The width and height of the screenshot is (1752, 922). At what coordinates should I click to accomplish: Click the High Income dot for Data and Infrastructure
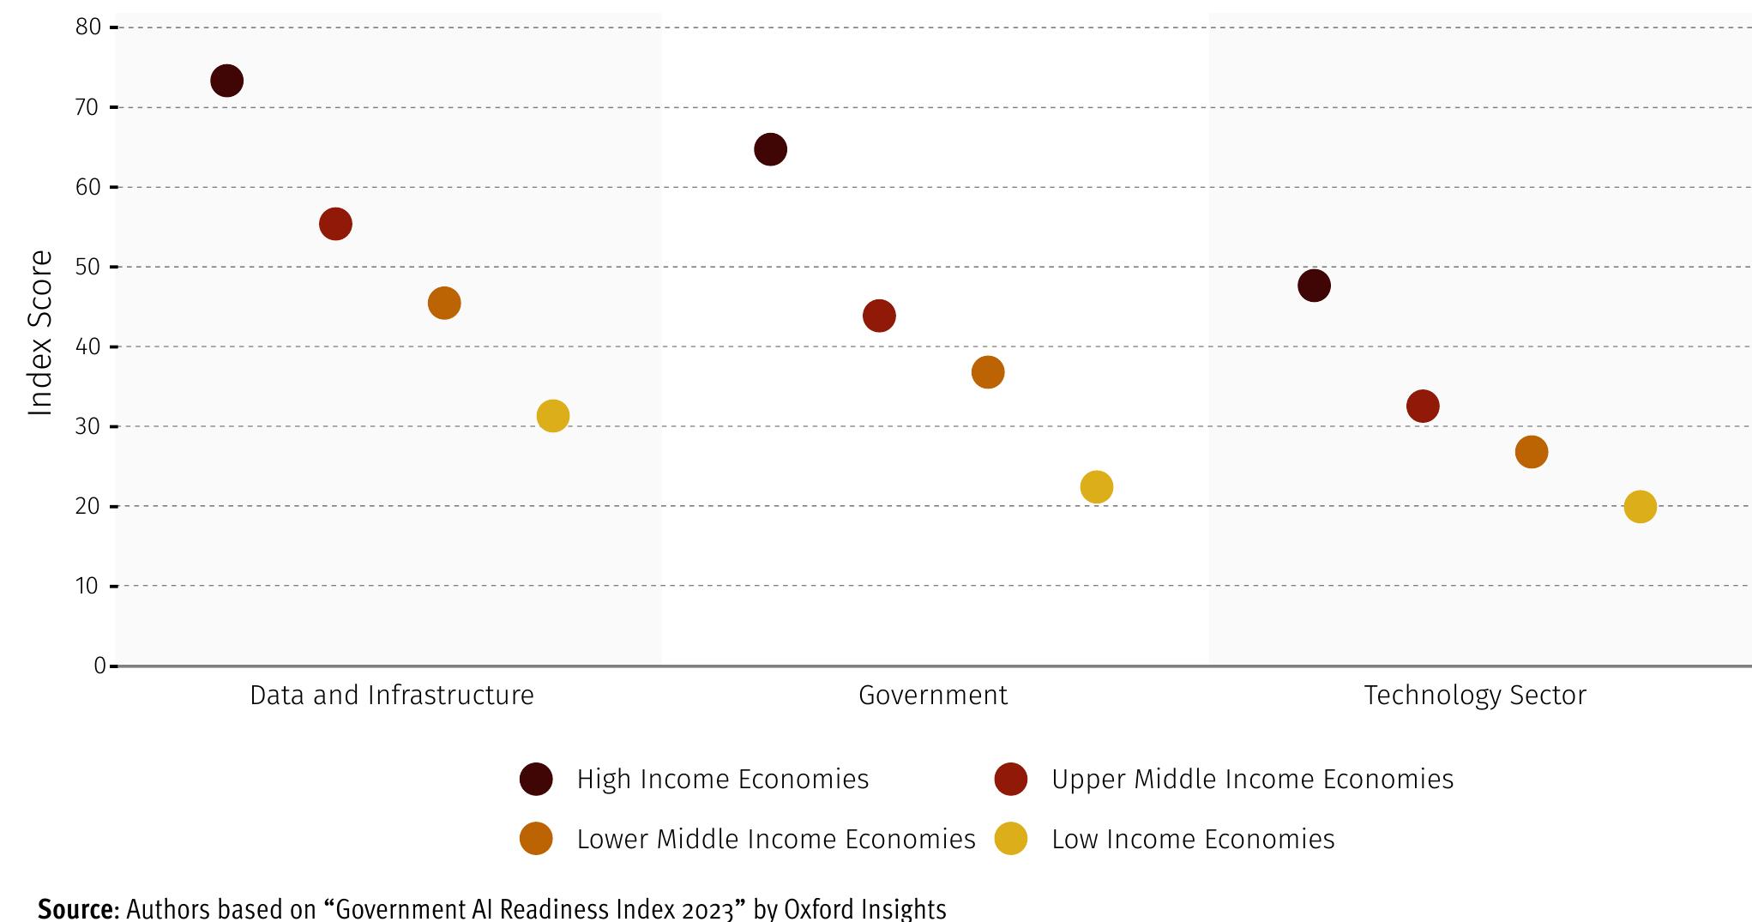coord(226,81)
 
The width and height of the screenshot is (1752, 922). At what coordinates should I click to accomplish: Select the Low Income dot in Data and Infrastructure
coord(553,416)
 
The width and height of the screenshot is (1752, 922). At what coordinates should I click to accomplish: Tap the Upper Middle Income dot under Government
coord(879,316)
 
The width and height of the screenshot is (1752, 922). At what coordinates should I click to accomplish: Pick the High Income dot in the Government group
coord(770,149)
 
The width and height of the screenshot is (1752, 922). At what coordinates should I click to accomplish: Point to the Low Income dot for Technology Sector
coord(1640,507)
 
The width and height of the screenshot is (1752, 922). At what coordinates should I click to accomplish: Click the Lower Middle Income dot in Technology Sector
coord(1532,452)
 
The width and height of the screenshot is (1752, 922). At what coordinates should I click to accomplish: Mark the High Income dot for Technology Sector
coord(1314,286)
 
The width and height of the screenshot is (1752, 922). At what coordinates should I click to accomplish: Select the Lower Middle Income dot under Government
coord(988,372)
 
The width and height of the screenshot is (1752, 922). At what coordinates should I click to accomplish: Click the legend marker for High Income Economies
coord(536,779)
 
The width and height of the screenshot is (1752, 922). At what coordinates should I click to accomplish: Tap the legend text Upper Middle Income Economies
coord(1252,779)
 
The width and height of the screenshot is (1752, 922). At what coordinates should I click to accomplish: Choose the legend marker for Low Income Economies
coord(1011,839)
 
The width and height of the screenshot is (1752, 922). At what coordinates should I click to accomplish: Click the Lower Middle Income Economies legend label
coord(775,839)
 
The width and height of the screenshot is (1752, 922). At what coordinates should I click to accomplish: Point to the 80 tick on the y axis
coord(88,27)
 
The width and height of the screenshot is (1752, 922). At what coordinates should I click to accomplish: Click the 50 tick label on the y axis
coord(87,267)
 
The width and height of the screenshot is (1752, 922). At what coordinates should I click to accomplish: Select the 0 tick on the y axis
coord(99,666)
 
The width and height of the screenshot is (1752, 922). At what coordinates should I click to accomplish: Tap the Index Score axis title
coord(40,333)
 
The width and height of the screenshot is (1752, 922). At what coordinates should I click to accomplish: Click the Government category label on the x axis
coord(933,695)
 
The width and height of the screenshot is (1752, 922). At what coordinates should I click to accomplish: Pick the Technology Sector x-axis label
coord(1475,695)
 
